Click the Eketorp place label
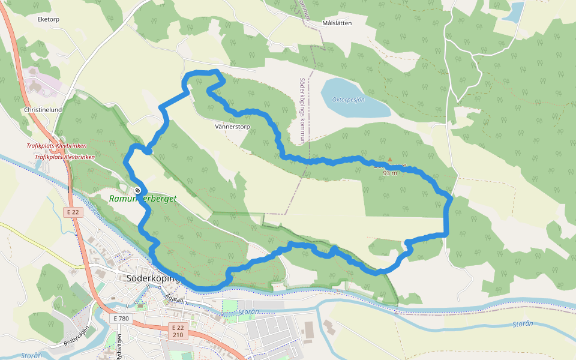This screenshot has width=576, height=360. (49, 19)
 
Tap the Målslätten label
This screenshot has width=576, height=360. (337, 23)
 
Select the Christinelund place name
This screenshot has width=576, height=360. (43, 110)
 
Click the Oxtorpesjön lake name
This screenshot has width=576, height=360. (349, 100)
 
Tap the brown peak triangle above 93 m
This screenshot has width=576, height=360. (389, 160)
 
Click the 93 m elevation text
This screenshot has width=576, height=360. (390, 173)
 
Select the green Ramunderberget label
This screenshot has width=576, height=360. (143, 199)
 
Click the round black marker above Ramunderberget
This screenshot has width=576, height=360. (138, 190)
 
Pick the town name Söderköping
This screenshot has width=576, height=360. (154, 278)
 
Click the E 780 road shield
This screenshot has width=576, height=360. (121, 319)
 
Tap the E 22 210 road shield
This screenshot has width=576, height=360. (178, 331)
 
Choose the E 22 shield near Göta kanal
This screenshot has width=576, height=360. (73, 212)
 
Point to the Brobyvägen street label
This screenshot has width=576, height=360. (76, 337)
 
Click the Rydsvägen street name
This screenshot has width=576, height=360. (119, 344)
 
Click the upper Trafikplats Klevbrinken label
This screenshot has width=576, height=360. (56, 146)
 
